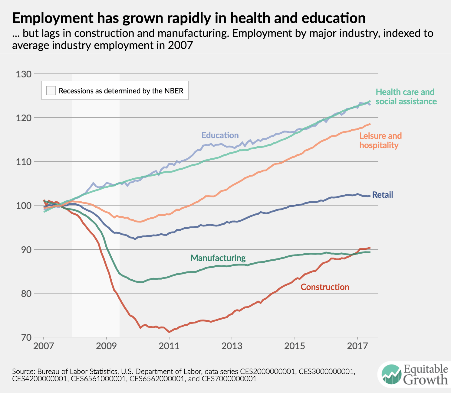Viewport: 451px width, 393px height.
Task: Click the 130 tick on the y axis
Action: [24, 74]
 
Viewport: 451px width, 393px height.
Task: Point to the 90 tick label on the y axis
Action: [24, 250]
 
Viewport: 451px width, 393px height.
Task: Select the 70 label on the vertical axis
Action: [24, 337]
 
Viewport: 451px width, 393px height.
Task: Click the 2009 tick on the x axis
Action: [106, 346]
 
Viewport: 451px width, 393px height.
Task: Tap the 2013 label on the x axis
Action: [232, 346]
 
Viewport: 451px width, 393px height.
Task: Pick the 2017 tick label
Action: [357, 346]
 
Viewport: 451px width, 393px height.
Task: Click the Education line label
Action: [220, 135]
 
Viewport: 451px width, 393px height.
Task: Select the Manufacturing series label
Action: [218, 258]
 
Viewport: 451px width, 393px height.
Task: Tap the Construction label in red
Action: [325, 287]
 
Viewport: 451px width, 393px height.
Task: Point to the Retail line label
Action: [382, 195]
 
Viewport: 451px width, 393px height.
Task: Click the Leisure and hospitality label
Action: [380, 141]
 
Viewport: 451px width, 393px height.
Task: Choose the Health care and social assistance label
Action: [406, 96]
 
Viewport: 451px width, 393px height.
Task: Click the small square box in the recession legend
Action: [51, 91]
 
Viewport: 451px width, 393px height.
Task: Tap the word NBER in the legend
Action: [174, 91]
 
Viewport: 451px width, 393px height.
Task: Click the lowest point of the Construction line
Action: [169, 332]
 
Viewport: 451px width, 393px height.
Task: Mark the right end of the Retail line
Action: [370, 196]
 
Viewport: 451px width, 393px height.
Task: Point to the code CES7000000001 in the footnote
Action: [229, 378]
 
